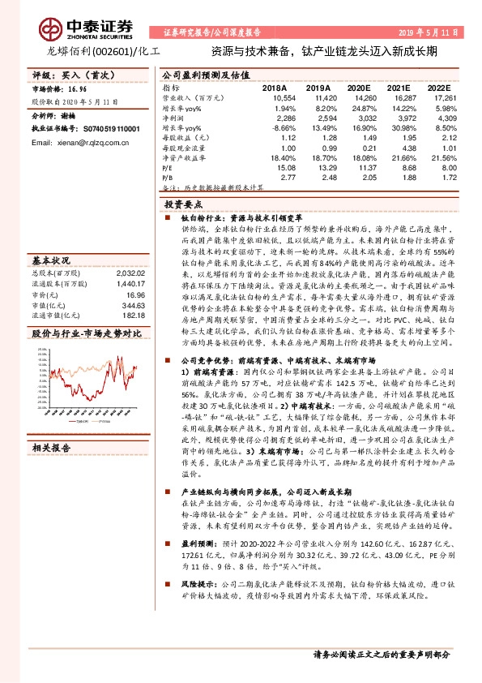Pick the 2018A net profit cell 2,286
[x=274, y=118]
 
